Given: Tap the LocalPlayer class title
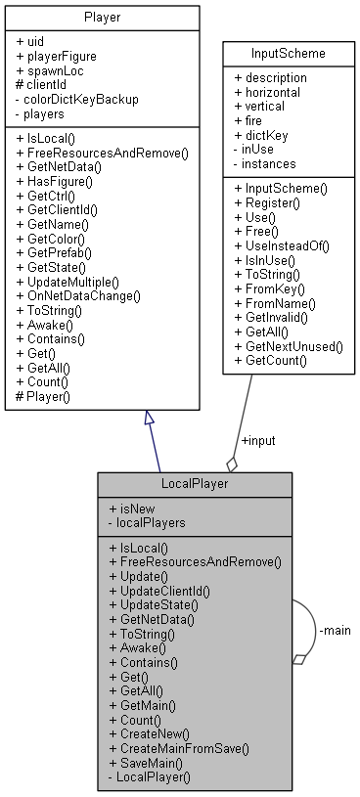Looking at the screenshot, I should click(194, 485).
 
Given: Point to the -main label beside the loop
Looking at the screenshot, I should click(334, 630).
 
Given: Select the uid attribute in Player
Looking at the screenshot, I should click(34, 43).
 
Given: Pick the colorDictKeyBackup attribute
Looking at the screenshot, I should click(77, 98).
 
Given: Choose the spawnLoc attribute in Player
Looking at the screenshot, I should click(51, 70).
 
